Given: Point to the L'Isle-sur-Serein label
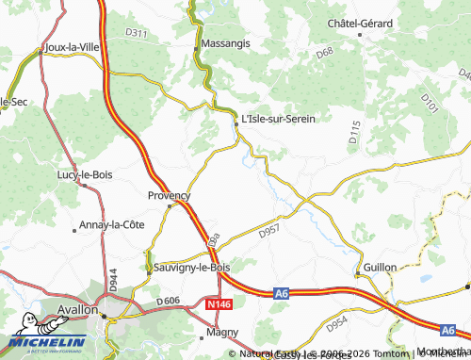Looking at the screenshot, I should [278, 118].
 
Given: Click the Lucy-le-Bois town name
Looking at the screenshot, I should [85, 174].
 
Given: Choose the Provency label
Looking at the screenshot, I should [170, 195].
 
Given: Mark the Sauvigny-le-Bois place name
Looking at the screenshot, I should [192, 268].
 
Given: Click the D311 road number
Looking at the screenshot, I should [137, 34].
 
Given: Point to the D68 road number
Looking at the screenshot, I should [325, 54].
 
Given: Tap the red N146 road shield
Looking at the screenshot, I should [219, 305].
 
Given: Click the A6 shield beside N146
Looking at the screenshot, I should [281, 294].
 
